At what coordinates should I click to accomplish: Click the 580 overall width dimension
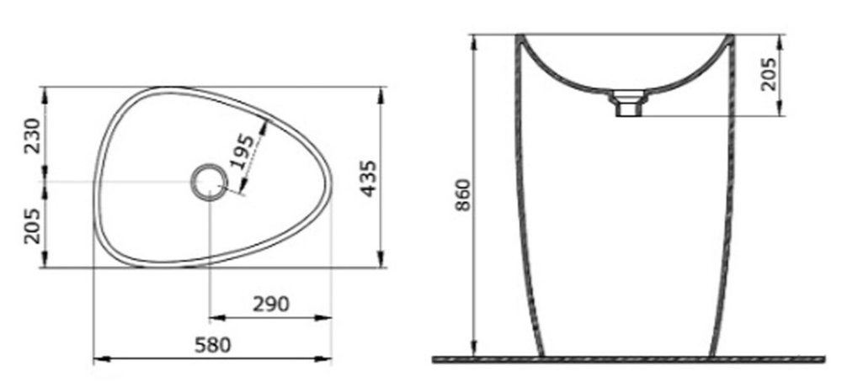click(x=212, y=345)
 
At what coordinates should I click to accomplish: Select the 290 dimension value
click(x=271, y=305)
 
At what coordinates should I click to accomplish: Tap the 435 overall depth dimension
click(x=369, y=178)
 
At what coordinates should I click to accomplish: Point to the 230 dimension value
click(x=32, y=135)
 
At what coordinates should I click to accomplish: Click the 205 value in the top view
click(x=32, y=225)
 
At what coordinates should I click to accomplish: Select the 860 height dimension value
click(x=463, y=195)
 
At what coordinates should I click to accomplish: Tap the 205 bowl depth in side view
click(x=769, y=74)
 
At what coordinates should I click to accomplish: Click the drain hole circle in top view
click(x=210, y=183)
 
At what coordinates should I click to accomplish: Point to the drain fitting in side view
click(x=626, y=103)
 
